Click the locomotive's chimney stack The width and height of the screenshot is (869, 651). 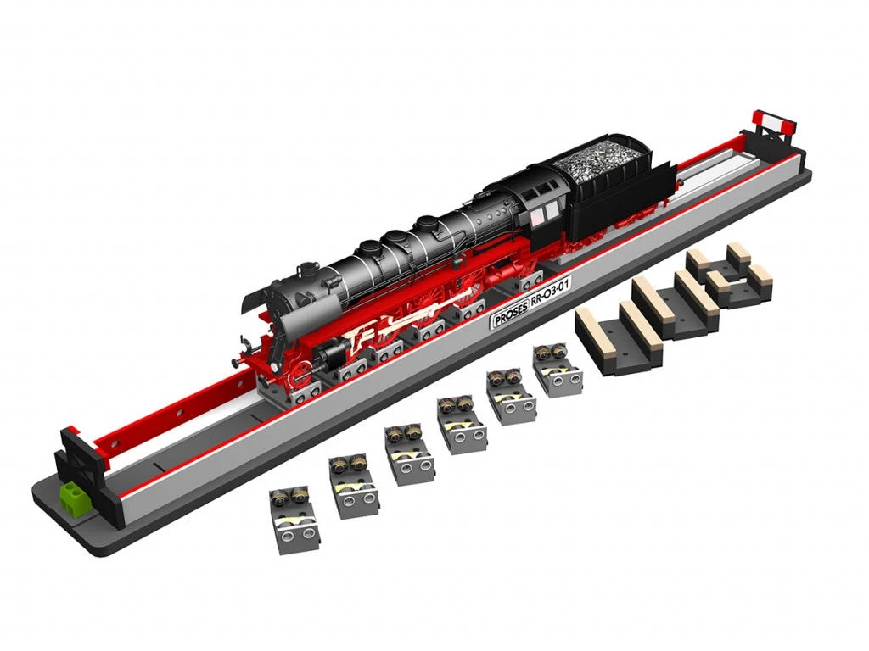306,271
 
